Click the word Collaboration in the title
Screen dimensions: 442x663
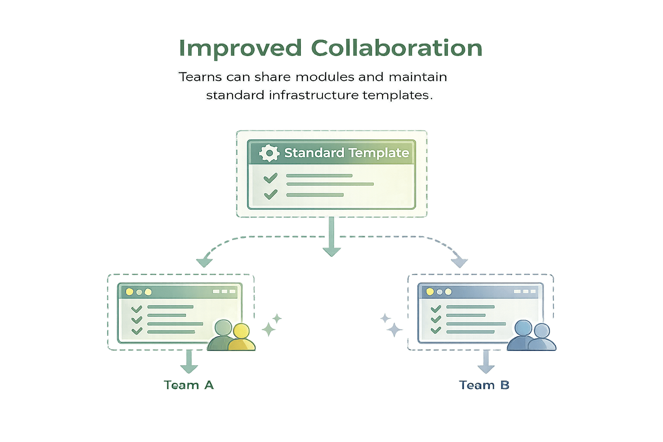(396, 48)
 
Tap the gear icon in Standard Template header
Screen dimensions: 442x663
(269, 153)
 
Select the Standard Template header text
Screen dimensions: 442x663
(346, 153)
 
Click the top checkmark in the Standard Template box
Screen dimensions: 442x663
(270, 177)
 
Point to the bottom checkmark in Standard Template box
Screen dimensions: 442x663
(270, 195)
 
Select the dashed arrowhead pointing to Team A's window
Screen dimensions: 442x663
(203, 262)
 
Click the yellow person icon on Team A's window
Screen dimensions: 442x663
(241, 337)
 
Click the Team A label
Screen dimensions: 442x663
(189, 385)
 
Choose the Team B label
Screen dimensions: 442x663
(484, 385)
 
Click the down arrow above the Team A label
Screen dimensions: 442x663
(189, 363)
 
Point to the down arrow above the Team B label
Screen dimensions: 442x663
(486, 363)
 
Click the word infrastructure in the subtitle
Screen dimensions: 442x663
(313, 95)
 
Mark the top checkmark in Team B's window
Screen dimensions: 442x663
(436, 309)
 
